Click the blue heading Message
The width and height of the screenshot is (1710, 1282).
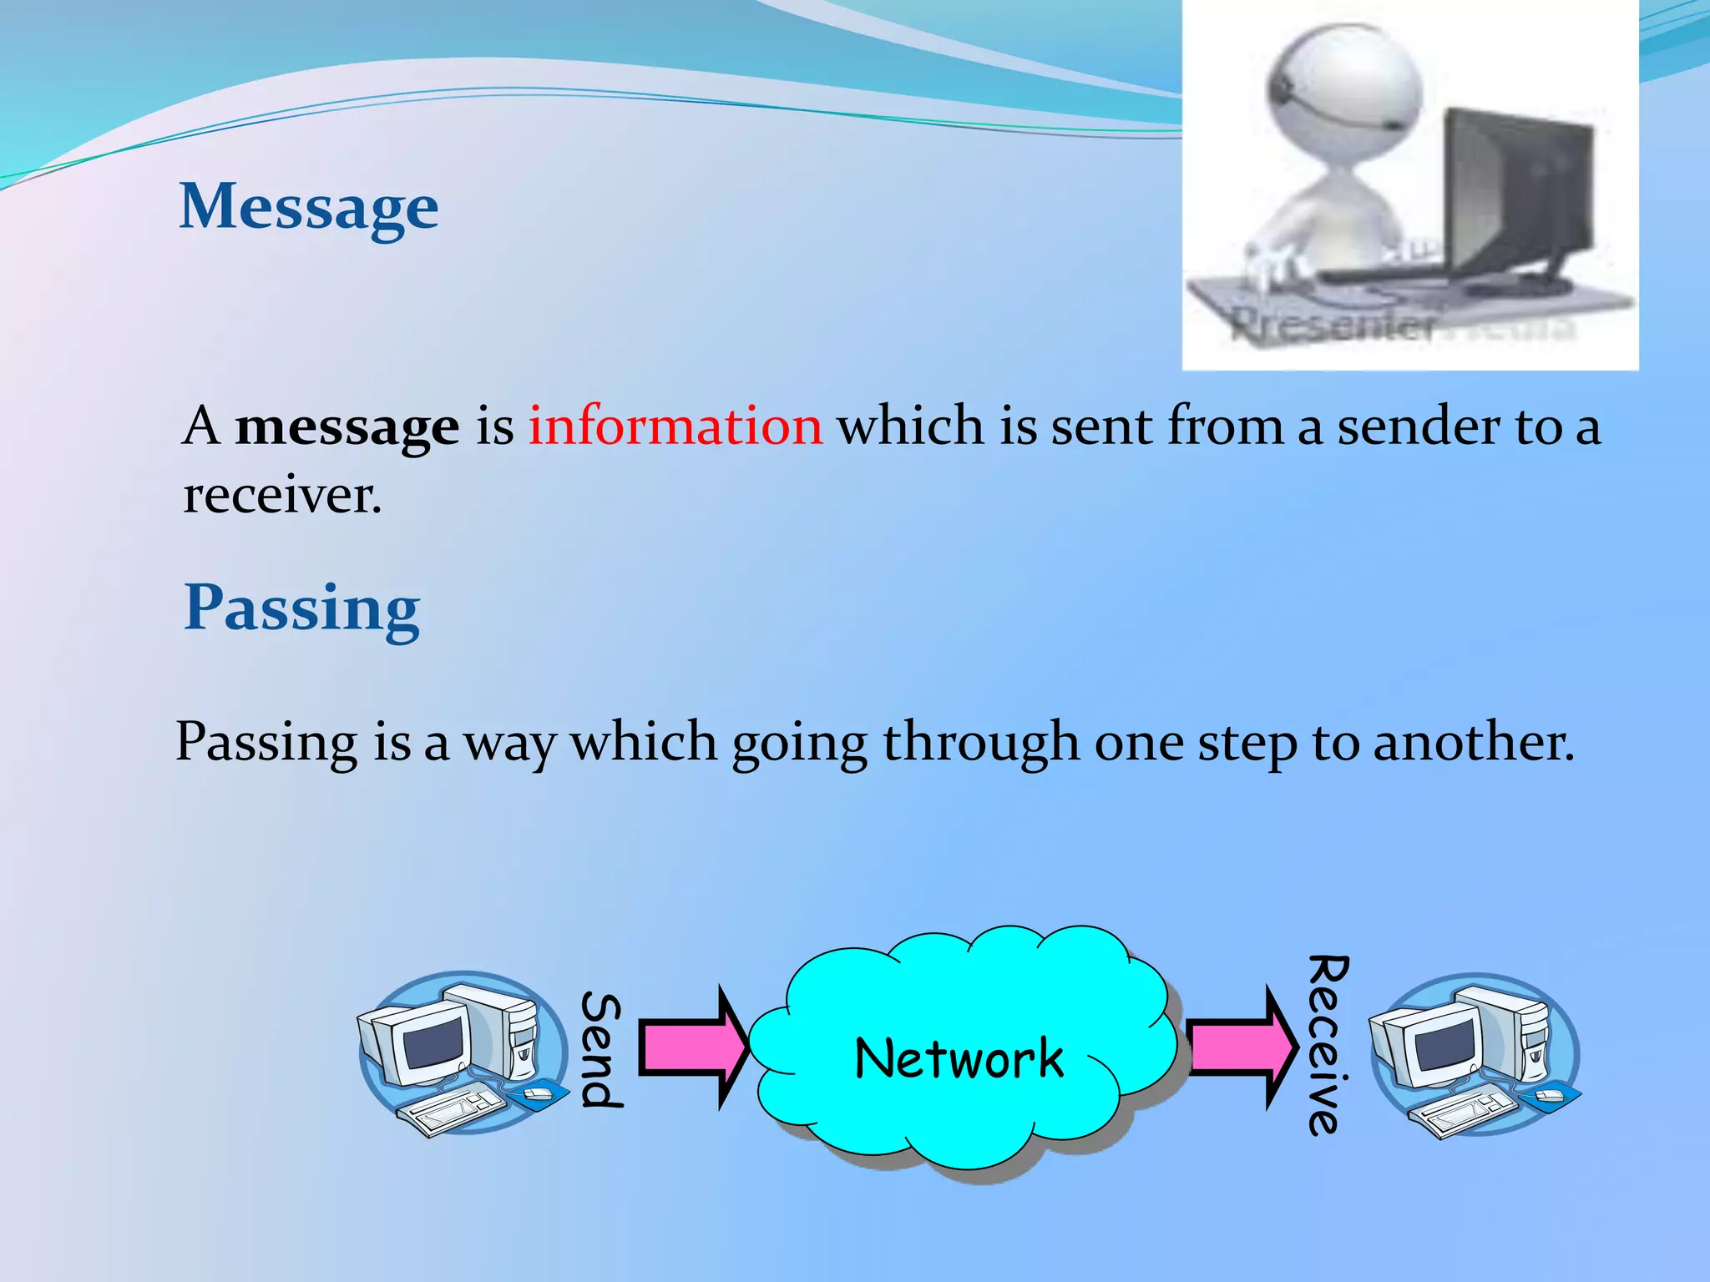[309, 207]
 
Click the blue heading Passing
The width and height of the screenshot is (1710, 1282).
[301, 609]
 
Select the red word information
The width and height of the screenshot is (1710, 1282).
[675, 426]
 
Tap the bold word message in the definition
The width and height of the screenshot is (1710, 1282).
[347, 427]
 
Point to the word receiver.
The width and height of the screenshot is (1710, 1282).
[281, 496]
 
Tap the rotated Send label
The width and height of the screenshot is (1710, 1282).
[601, 1050]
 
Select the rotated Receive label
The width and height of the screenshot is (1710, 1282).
[1328, 1045]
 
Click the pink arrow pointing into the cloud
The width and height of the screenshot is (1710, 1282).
[693, 1048]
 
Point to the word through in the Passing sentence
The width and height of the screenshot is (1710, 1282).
[981, 743]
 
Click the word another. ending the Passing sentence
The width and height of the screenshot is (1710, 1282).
[1473, 743]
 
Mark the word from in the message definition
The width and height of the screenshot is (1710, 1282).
[1224, 426]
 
